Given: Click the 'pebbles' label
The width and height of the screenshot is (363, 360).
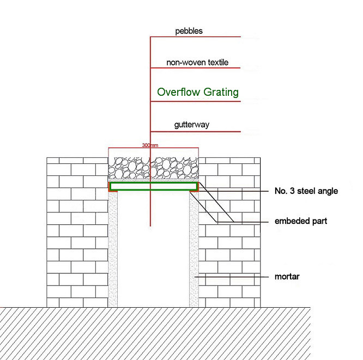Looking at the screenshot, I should point(189,31).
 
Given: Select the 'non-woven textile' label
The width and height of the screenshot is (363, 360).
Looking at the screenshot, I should point(197,63).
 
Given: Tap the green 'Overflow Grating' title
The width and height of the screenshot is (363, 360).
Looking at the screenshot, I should point(198,92).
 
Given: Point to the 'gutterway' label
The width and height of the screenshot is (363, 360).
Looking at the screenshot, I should point(191,125).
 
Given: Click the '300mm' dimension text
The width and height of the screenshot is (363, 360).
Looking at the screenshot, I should point(150,146).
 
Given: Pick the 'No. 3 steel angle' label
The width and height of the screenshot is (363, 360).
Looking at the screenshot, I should point(306,191).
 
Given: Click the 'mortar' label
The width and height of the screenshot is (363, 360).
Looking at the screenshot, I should point(287,277).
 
